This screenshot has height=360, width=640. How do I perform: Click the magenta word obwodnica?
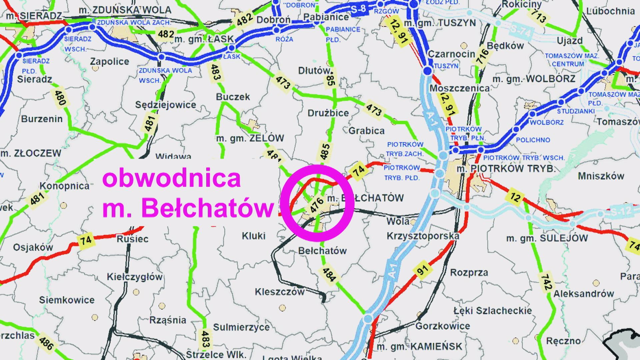tap(171, 178)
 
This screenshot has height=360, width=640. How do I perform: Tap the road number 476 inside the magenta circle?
tap(316, 205)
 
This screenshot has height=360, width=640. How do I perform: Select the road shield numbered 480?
tap(60, 98)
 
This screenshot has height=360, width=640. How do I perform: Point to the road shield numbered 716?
tap(482, 57)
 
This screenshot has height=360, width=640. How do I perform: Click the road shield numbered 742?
tap(546, 282)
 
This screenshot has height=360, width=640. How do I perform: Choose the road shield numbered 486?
tap(46, 343)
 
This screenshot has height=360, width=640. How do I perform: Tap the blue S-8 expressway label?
tap(358, 9)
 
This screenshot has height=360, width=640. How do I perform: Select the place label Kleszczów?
tap(280, 292)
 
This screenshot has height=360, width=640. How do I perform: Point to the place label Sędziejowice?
tap(166, 105)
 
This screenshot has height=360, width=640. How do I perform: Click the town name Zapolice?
tap(109, 62)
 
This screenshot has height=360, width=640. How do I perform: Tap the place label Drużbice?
tap(328, 113)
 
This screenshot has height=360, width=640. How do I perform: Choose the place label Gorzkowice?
tap(443, 326)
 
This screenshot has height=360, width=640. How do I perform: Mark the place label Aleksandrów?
tap(584, 294)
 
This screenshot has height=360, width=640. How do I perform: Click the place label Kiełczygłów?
tap(135, 277)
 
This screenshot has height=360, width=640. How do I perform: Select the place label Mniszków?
tap(601, 176)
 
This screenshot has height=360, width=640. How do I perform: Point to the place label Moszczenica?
tap(459, 88)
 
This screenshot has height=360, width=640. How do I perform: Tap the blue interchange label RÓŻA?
tap(284, 39)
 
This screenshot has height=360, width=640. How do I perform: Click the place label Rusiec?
tap(132, 239)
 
